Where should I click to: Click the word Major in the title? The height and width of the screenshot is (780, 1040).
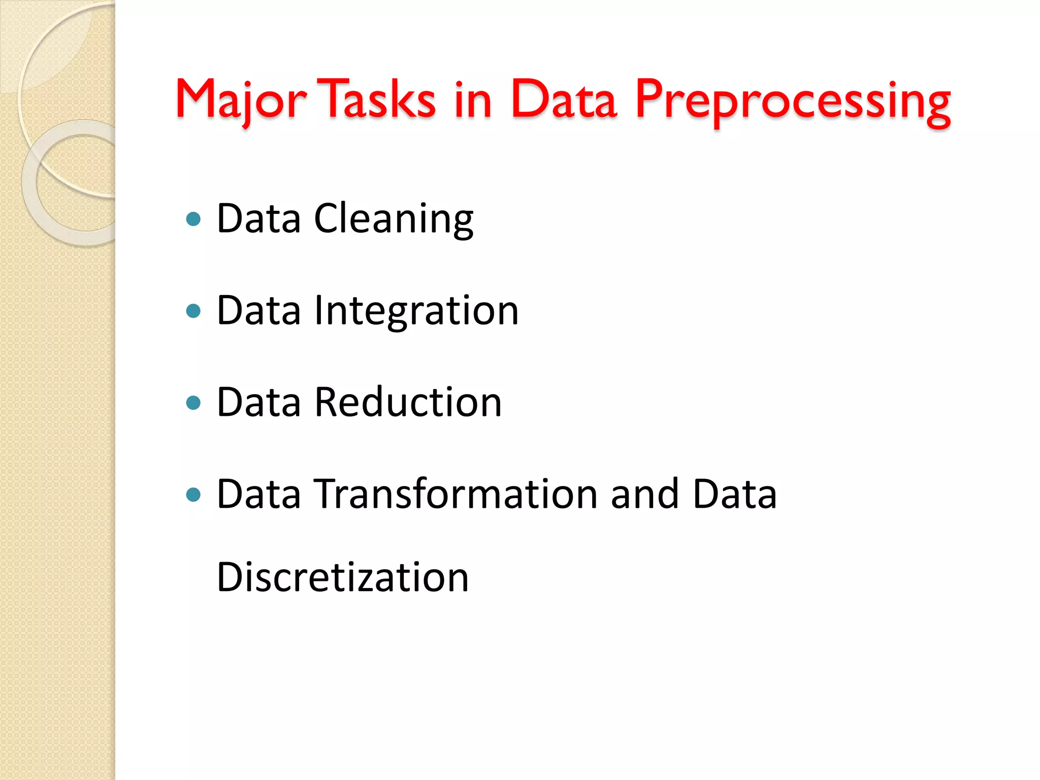[241, 101]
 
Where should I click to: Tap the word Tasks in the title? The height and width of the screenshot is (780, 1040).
[379, 100]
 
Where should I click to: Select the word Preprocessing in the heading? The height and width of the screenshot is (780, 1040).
[792, 102]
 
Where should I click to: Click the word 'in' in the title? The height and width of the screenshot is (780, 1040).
[473, 101]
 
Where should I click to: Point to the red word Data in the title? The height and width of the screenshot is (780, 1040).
[563, 100]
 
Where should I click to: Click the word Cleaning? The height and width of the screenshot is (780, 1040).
[394, 219]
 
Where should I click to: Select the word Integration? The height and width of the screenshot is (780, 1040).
[416, 311]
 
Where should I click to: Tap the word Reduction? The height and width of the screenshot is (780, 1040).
[408, 402]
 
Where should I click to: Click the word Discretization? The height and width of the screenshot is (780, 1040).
[342, 577]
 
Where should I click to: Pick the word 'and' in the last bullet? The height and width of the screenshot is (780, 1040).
[644, 494]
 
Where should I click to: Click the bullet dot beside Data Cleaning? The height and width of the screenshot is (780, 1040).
[193, 219]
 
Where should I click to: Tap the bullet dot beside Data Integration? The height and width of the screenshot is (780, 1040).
[193, 311]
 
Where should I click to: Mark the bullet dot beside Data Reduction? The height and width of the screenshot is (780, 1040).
[193, 403]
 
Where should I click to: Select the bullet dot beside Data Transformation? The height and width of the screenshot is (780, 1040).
[193, 495]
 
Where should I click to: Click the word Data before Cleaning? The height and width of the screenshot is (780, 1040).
[258, 219]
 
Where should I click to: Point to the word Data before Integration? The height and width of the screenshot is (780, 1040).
[258, 311]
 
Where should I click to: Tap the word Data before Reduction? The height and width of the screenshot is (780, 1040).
[258, 402]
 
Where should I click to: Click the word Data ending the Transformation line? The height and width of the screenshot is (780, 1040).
[734, 494]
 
